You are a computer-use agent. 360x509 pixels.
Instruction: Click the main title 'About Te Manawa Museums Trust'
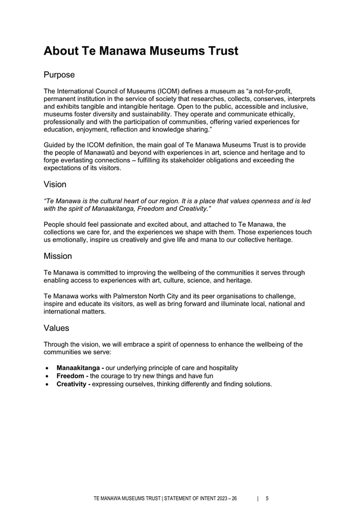pyautogui.click(x=141, y=51)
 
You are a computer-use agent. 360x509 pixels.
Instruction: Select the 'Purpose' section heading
pyautogui.click(x=59, y=75)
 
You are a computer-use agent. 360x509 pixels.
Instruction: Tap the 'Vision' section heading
pyautogui.click(x=55, y=184)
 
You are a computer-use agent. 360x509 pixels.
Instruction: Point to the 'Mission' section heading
pyautogui.click(x=57, y=256)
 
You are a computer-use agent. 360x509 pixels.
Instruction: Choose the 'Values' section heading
pyautogui.click(x=56, y=328)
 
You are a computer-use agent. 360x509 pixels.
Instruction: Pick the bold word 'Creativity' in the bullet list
pyautogui.click(x=73, y=384)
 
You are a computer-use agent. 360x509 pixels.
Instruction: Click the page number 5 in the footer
pyautogui.click(x=267, y=499)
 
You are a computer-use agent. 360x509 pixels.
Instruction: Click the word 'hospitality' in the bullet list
pyautogui.click(x=221, y=368)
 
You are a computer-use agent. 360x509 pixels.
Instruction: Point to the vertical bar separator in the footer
pyautogui.click(x=257, y=499)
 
